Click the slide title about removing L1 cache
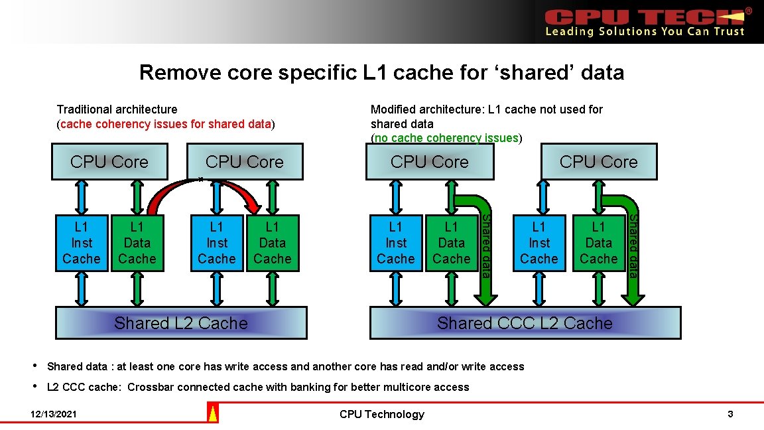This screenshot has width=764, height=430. click(381, 72)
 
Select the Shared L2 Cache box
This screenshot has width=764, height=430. click(180, 322)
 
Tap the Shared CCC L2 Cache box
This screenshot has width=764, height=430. click(525, 322)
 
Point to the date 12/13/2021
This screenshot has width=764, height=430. click(54, 414)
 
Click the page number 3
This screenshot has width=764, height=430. click(730, 414)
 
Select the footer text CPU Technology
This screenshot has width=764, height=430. click(381, 414)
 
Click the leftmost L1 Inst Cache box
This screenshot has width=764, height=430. click(82, 243)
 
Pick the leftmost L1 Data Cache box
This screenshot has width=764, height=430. click(137, 243)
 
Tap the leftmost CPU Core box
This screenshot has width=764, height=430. click(109, 162)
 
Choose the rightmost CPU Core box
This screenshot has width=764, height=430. click(598, 162)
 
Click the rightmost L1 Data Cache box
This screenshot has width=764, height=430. click(598, 243)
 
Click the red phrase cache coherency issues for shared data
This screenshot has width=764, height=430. click(166, 124)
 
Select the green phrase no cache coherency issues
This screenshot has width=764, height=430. click(446, 138)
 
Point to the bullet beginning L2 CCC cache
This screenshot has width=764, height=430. click(258, 387)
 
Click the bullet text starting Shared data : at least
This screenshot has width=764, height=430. click(285, 366)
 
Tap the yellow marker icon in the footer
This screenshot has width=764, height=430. click(213, 414)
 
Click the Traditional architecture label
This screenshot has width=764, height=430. click(117, 109)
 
